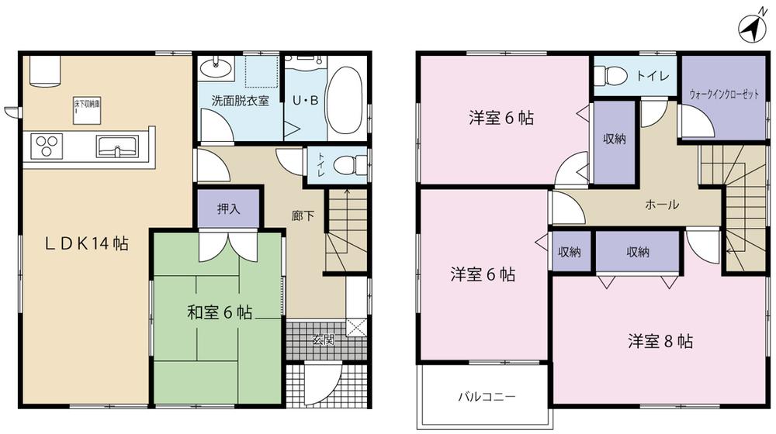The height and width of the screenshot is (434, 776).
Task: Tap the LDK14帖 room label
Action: (x=86, y=243)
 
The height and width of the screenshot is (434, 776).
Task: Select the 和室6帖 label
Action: (x=220, y=313)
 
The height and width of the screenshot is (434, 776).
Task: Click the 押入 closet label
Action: (x=227, y=209)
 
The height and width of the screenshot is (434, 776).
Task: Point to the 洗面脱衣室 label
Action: (x=241, y=101)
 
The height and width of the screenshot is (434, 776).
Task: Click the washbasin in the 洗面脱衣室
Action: (x=217, y=69)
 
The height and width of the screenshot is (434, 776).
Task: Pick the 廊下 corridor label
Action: (x=303, y=216)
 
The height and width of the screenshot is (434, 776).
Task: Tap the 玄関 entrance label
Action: (x=324, y=339)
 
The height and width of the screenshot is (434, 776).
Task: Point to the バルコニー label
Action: (x=487, y=396)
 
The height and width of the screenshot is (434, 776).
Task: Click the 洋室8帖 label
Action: (x=661, y=341)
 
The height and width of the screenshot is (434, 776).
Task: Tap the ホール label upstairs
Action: (x=662, y=205)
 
